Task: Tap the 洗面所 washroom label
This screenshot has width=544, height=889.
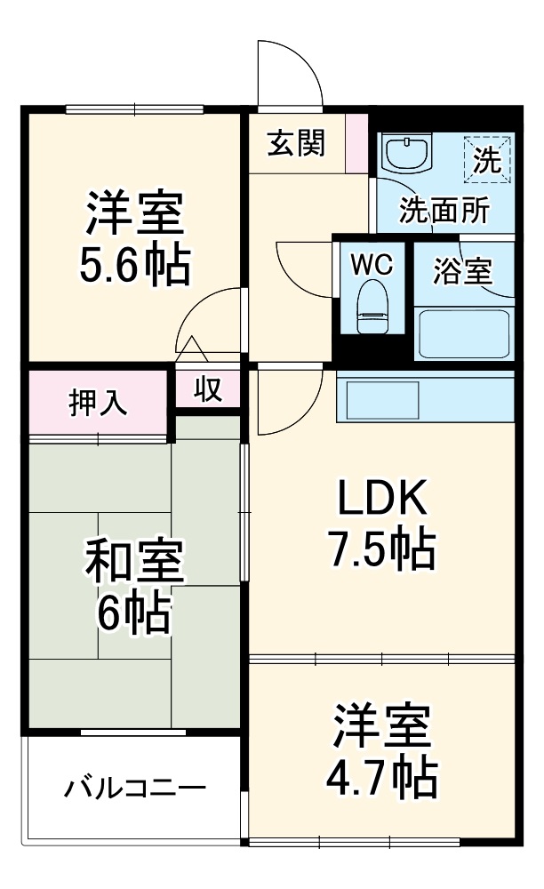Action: point(444,210)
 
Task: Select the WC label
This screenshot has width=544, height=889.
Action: point(372,264)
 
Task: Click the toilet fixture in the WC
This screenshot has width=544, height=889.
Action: point(372,307)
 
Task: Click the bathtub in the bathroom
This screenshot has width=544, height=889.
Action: point(462,332)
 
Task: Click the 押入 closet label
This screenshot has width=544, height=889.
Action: point(99,402)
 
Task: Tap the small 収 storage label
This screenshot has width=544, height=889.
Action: point(208,389)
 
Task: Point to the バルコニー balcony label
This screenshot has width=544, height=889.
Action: point(135,787)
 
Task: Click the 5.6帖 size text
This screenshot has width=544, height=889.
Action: point(134,264)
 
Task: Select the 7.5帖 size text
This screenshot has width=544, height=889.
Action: point(383,549)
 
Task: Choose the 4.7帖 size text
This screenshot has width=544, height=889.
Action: point(384,778)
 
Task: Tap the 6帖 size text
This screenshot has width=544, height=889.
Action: point(134,611)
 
